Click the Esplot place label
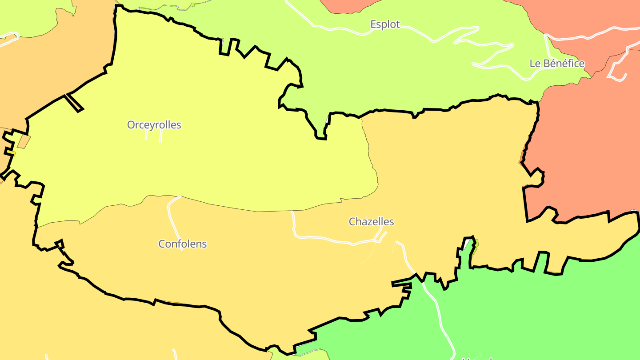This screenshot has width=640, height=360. pos(385,24)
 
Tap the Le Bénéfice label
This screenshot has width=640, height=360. pos(557,63)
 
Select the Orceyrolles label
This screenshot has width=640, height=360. pos(154,125)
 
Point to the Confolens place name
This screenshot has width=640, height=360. pos(183,244)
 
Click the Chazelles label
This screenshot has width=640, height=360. pos(371,221)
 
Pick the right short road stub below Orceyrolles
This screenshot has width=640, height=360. pos(160,136)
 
